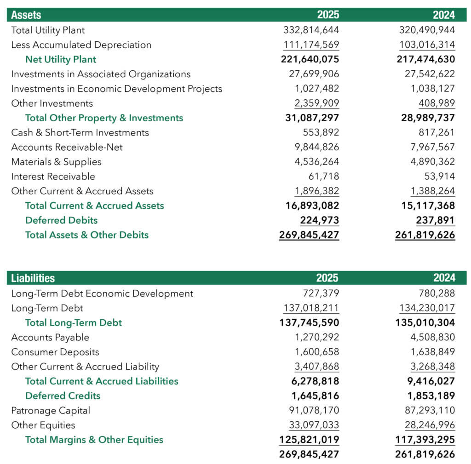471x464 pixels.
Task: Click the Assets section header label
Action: coord(26,15)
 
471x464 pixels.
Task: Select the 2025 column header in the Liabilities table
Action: coord(327,278)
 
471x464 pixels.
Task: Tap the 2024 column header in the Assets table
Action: coord(444,15)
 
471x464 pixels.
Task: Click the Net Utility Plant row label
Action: coord(61,59)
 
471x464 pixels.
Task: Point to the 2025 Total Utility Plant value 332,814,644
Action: coord(311,30)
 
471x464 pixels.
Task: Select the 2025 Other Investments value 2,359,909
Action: coord(317,103)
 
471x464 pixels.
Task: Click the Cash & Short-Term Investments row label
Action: coord(80,133)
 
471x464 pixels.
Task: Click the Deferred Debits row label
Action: coord(61,220)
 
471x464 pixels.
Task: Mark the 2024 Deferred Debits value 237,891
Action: coord(435,221)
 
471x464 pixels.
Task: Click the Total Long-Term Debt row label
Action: coord(74,323)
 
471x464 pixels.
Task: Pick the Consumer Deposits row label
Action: coord(55,352)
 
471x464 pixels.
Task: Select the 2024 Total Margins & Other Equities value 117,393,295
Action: coord(426,440)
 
